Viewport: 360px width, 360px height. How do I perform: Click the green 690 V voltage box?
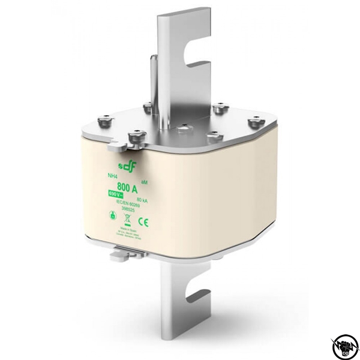tap(115, 194)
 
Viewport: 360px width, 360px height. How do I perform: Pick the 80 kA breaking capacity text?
tap(142, 199)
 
